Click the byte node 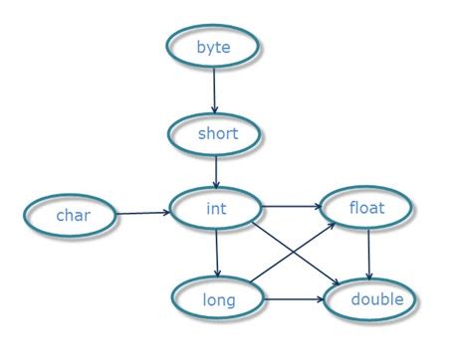214,48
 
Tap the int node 215,209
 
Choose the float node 365,209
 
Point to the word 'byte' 214,48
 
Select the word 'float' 365,209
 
